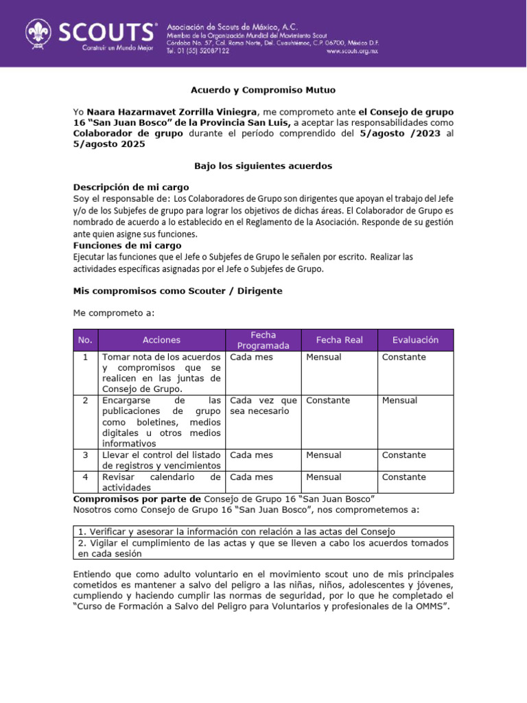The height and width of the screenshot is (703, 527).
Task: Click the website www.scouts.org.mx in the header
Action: coord(352,51)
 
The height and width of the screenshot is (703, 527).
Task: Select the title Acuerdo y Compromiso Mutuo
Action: coord(263,90)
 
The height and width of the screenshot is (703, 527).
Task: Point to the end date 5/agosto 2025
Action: coord(109,144)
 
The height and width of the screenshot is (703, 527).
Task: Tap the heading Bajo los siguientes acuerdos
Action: coord(263,165)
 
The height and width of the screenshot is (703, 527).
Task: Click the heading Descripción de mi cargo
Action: coord(131,187)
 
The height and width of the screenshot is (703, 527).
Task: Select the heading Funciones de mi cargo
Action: coord(127,245)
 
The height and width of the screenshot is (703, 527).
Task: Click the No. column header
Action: coord(85,340)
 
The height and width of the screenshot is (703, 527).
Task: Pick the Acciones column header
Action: coord(161,340)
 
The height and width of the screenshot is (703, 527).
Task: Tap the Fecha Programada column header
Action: coord(263,340)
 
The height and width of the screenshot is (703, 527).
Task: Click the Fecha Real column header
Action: coord(339,340)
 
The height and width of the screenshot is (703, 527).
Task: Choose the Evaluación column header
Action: coord(414,340)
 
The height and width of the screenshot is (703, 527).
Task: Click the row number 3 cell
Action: coord(85,455)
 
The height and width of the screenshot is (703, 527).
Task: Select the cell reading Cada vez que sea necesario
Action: coord(263,406)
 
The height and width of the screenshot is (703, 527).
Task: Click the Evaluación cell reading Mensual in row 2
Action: coord(399,400)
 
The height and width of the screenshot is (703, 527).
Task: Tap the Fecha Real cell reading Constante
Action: coord(328,400)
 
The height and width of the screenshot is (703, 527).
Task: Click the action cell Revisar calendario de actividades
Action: coord(161,482)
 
